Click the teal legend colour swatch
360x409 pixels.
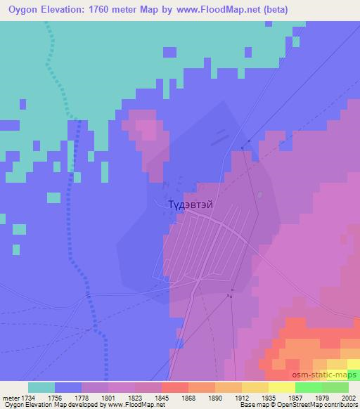41,387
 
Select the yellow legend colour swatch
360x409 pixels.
281,387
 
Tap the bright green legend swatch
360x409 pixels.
308,387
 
